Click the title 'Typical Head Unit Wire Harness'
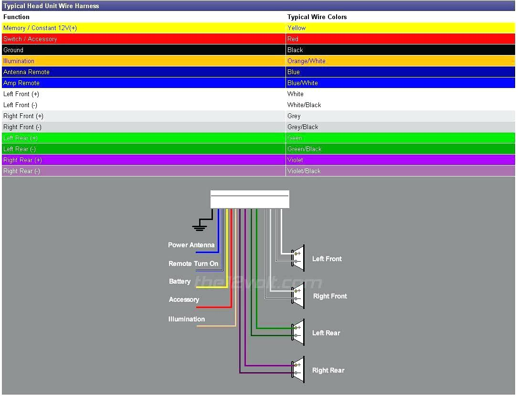[51, 6]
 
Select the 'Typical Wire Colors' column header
[317, 17]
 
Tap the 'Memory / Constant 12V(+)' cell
[40, 28]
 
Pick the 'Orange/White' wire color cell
[307, 61]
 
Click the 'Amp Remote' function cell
[21, 83]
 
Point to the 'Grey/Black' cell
[303, 127]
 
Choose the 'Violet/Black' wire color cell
[304, 171]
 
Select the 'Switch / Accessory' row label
[30, 39]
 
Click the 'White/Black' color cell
[304, 105]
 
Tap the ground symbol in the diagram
[200, 226]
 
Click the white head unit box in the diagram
[250, 199]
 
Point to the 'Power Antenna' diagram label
[191, 245]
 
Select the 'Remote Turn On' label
[193, 264]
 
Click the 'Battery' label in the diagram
[180, 281]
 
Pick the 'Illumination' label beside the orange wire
[187, 319]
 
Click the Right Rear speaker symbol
[298, 369]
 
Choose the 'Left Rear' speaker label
[326, 333]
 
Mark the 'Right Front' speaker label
[330, 296]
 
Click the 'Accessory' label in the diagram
[184, 299]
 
